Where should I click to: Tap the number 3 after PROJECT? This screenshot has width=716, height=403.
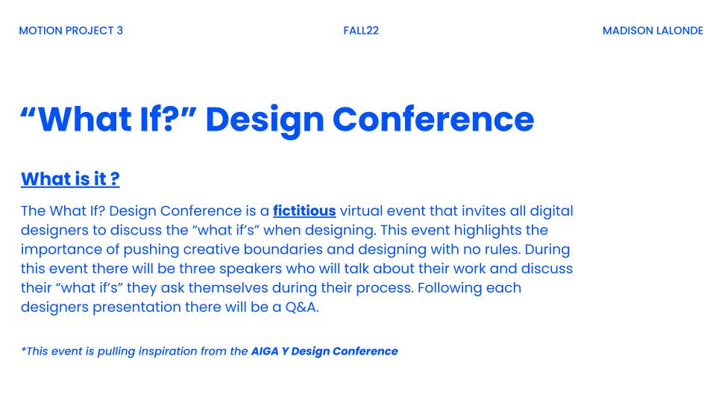(x=119, y=31)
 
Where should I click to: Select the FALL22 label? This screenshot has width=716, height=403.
(x=361, y=31)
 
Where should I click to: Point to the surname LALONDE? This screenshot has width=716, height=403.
(x=679, y=31)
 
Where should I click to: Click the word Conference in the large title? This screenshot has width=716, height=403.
(x=433, y=119)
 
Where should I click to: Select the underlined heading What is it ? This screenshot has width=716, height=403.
(x=70, y=178)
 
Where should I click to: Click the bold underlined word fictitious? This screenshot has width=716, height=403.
(x=304, y=210)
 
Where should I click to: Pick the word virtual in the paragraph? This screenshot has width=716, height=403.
(x=361, y=210)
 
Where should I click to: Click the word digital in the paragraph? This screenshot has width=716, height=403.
(x=551, y=211)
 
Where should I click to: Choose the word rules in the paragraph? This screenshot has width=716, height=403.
(x=504, y=249)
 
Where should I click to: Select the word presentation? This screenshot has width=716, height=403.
(x=137, y=307)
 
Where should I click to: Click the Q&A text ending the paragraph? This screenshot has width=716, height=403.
(x=302, y=307)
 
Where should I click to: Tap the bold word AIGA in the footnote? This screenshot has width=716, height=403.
(x=264, y=351)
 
